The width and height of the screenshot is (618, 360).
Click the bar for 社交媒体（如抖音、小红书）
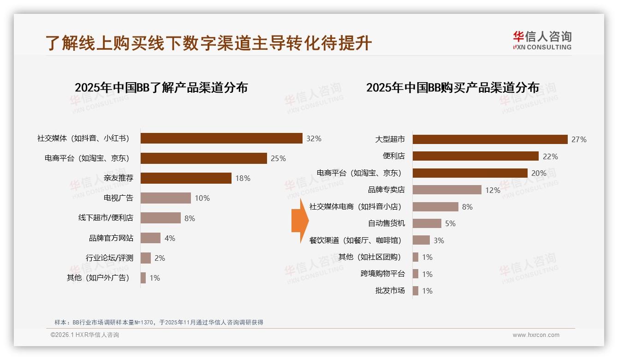pyautogui.click(x=221, y=138)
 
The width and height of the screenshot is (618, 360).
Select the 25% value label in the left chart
pyautogui.click(x=278, y=158)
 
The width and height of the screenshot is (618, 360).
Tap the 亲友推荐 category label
pyautogui.click(x=119, y=178)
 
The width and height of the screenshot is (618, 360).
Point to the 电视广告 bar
pyautogui.click(x=166, y=198)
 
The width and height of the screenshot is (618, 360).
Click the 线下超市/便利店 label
pyautogui.click(x=106, y=218)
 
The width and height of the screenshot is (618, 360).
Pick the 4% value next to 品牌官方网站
pyautogui.click(x=170, y=238)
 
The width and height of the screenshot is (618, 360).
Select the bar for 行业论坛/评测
pyautogui.click(x=146, y=258)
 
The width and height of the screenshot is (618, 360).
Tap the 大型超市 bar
pyautogui.click(x=490, y=139)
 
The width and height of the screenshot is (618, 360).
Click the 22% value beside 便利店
pyautogui.click(x=550, y=156)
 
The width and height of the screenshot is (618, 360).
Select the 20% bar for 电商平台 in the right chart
pyautogui.click(x=470, y=173)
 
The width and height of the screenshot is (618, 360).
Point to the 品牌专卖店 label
pyautogui.click(x=386, y=190)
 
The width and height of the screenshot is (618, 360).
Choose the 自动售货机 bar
pyautogui.click(x=427, y=223)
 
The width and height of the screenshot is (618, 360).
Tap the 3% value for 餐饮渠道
pyautogui.click(x=439, y=240)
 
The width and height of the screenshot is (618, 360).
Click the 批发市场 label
pyautogui.click(x=390, y=291)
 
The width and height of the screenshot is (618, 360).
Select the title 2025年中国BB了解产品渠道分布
pyautogui.click(x=161, y=88)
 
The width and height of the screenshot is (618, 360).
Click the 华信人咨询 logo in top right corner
pyautogui.click(x=542, y=40)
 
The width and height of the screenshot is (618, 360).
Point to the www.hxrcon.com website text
pyautogui.click(x=536, y=335)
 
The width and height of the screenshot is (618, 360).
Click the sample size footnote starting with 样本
pyautogui.click(x=159, y=322)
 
